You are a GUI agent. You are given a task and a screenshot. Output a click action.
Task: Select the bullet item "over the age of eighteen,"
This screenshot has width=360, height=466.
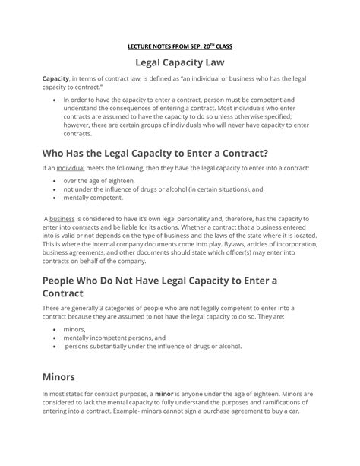(x=99, y=182)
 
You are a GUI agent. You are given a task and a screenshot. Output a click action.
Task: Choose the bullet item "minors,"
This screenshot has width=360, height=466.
(x=74, y=329)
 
